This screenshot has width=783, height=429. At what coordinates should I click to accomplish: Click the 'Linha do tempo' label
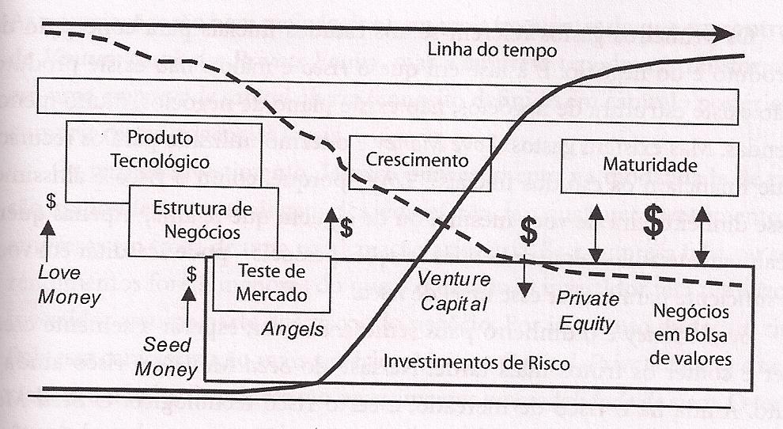pyautogui.click(x=492, y=50)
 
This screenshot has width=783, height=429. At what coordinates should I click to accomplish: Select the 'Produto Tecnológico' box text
pyautogui.click(x=160, y=150)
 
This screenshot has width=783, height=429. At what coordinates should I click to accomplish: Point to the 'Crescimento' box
pyautogui.click(x=418, y=161)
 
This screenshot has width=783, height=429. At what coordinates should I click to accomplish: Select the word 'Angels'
pyautogui.click(x=294, y=329)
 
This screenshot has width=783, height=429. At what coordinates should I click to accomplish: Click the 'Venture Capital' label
pyautogui.click(x=454, y=290)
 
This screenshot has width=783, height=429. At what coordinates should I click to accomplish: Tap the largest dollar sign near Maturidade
pyautogui.click(x=652, y=222)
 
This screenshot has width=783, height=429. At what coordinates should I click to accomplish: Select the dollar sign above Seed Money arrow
pyautogui.click(x=191, y=275)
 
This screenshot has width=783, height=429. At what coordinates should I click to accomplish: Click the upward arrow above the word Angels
pyautogui.click(x=330, y=231)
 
